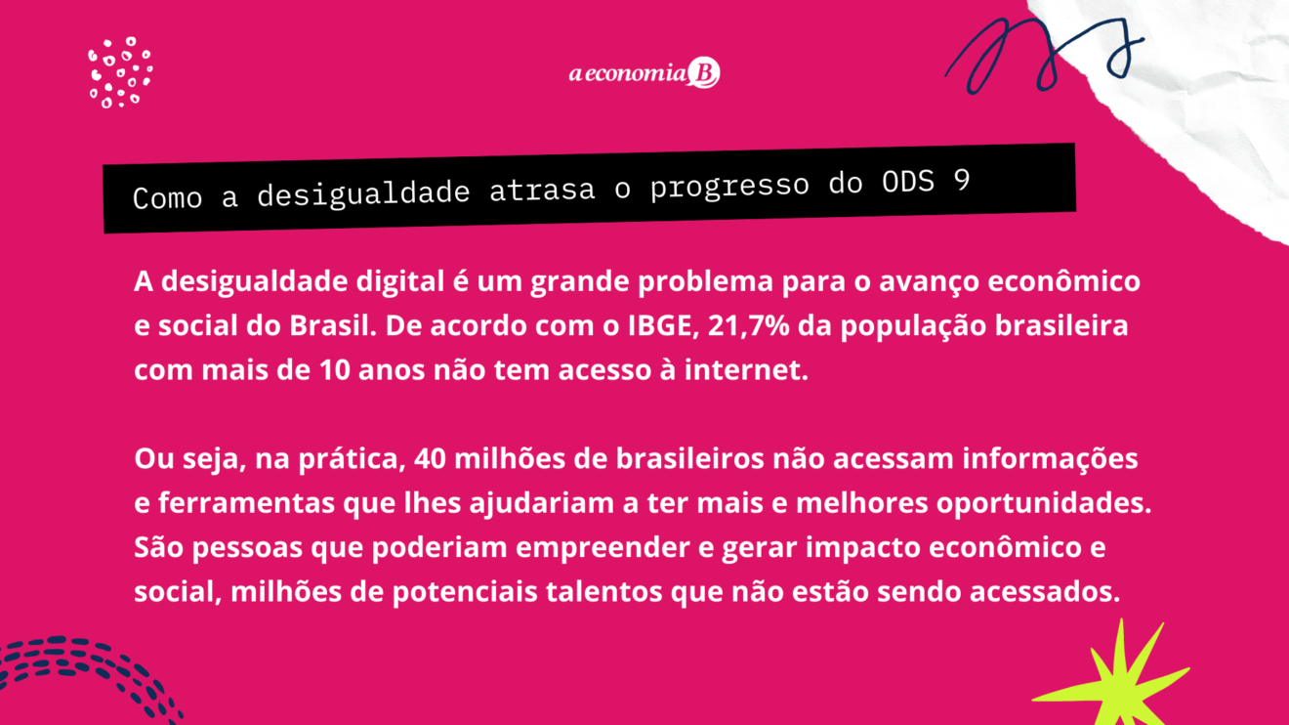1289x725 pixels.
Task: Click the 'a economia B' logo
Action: click(644, 72)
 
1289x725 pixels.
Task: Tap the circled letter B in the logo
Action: click(704, 72)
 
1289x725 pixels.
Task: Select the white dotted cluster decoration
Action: click(120, 72)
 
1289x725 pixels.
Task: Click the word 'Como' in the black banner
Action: click(167, 198)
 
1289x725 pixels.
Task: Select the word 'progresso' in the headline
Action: click(729, 187)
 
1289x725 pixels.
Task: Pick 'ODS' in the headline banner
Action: click(908, 182)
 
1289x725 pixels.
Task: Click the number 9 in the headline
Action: click(962, 180)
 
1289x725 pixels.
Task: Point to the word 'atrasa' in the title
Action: click(542, 191)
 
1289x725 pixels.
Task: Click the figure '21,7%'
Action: click(749, 325)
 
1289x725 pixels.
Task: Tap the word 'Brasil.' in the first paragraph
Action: click(333, 325)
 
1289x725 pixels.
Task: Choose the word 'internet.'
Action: click(746, 369)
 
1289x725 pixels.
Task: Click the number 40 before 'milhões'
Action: click(430, 459)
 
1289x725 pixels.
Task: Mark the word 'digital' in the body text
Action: click(400, 282)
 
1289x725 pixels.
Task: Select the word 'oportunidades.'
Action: click(1044, 503)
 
